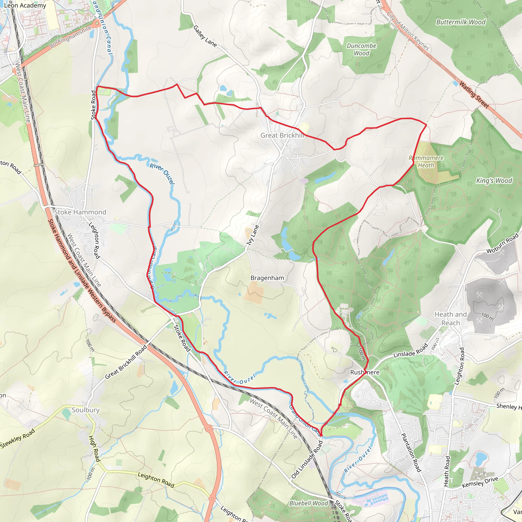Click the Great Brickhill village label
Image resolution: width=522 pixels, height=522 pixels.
tap(282, 135)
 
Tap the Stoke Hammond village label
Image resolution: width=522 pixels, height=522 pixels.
tap(80, 212)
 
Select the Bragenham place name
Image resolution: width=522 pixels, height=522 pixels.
tap(267, 278)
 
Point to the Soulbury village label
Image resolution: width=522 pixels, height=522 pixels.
tap(86, 410)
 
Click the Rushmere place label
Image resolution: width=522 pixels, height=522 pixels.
tap(365, 372)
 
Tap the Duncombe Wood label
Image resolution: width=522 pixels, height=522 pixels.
tap(361, 49)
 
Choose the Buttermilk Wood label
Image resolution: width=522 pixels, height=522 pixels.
tap(461, 22)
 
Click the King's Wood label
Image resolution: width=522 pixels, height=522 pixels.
tap(494, 180)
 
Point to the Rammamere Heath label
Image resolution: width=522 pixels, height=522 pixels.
tap(426, 161)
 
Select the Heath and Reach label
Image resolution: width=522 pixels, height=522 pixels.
tap(450, 319)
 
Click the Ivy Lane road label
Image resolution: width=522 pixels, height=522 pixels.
tap(253, 235)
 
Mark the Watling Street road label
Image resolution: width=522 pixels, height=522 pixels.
tap(474, 95)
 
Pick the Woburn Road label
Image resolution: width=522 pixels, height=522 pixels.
tap(503, 243)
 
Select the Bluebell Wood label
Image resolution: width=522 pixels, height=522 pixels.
tap(308, 503)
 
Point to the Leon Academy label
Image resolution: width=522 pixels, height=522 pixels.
tap(25, 5)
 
